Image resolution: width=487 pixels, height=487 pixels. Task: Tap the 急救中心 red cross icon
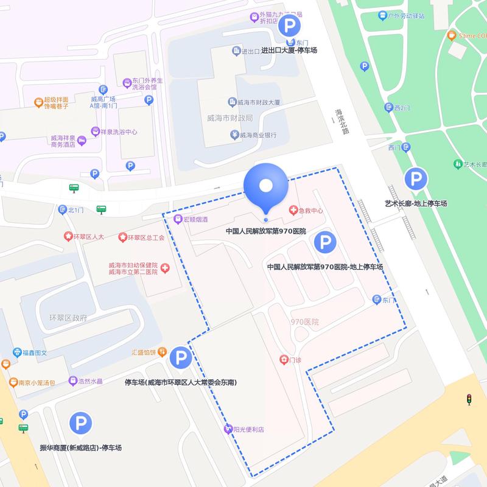click(x=294, y=210)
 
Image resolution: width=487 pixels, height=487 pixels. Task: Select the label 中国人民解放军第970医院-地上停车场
click(x=324, y=267)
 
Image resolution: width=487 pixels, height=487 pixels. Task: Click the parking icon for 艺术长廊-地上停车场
click(x=416, y=179)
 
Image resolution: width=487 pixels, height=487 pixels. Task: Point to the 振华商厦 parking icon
click(x=80, y=423)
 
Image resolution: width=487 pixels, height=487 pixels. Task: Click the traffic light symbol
click(x=469, y=399)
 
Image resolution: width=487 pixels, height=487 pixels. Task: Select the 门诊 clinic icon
click(x=283, y=360)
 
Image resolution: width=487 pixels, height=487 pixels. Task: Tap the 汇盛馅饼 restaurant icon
click(x=162, y=351)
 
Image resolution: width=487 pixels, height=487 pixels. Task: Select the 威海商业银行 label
click(x=258, y=135)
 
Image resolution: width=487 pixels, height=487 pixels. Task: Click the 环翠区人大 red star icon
click(x=68, y=237)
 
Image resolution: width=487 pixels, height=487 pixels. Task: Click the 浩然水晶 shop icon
click(x=73, y=381)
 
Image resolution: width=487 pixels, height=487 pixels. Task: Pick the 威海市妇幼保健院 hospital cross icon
click(x=165, y=268)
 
